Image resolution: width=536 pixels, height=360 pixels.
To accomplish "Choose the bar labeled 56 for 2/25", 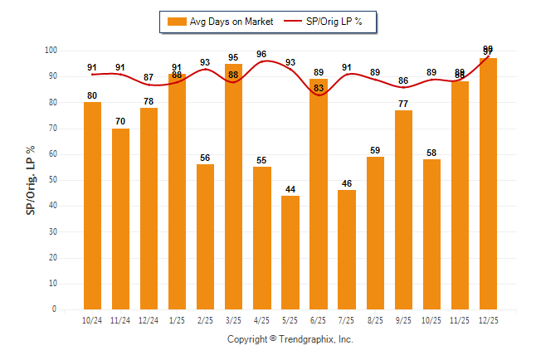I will (205, 236).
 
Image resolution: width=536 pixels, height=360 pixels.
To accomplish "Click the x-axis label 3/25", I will (233, 320).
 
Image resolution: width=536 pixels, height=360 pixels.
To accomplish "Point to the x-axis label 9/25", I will (403, 320).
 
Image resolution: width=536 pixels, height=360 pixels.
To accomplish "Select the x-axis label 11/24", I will (120, 320).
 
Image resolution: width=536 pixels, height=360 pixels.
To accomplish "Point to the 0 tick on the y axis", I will (54, 309).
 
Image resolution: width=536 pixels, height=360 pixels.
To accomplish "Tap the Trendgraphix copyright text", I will (290, 339).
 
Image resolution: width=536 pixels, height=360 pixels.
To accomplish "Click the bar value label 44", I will (290, 189).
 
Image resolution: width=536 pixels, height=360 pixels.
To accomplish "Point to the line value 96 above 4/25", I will (261, 55).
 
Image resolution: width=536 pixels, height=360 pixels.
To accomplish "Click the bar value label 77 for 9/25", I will (403, 104).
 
